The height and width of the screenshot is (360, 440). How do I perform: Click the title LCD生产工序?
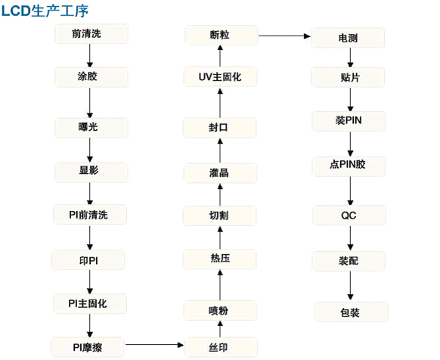(x=45, y=11)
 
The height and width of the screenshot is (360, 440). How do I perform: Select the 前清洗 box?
(x=91, y=34)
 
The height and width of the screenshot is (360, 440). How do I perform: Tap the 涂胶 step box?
(x=91, y=76)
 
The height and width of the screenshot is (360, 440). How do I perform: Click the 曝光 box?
(x=91, y=128)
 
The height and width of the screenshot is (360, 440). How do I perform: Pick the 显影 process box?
(x=91, y=172)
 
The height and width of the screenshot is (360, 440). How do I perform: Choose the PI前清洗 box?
(x=90, y=215)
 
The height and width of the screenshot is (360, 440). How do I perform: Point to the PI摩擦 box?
(x=87, y=347)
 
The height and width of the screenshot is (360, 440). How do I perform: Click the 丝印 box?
(x=221, y=347)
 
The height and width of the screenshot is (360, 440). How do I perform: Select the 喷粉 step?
(x=220, y=310)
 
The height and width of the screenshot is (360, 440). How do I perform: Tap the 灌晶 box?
(x=220, y=173)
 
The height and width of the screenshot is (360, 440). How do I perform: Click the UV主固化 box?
(x=220, y=76)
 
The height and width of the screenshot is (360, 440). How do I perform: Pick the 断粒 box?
(x=222, y=35)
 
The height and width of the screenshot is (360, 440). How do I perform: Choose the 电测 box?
(x=349, y=38)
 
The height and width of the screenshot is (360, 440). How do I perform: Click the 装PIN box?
(x=349, y=121)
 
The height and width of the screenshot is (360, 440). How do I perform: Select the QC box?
(x=349, y=215)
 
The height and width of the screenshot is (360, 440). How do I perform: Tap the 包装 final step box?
(x=351, y=312)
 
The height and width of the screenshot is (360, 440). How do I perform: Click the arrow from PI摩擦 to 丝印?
(x=154, y=345)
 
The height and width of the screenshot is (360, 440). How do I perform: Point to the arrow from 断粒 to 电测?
(x=284, y=36)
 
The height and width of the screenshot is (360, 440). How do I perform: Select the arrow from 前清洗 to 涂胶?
(x=90, y=56)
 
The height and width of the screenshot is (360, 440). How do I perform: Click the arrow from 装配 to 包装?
(x=350, y=286)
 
